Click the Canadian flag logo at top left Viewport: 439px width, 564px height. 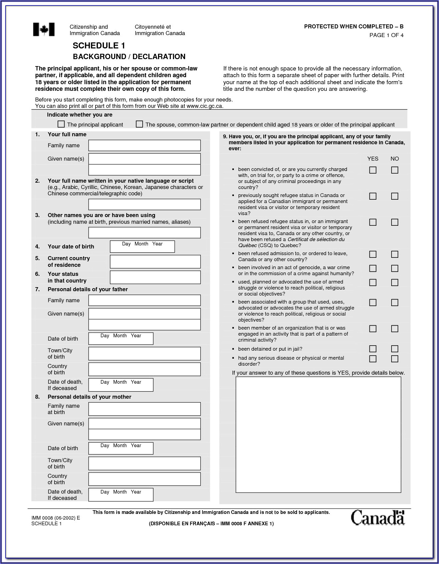pyautogui.click(x=44, y=30)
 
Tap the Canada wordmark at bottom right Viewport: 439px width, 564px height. pyautogui.click(x=378, y=518)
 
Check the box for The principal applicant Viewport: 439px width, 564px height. pyautogui.click(x=61, y=124)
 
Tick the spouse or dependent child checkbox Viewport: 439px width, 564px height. pyautogui.click(x=139, y=124)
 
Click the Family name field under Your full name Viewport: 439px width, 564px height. pyautogui.click(x=144, y=146)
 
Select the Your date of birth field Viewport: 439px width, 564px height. pyautogui.click(x=142, y=247)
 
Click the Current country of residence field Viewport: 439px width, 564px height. pyautogui.click(x=155, y=262)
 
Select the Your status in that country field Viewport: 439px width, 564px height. pyautogui.click(x=155, y=277)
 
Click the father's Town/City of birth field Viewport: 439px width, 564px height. pyautogui.click(x=144, y=354)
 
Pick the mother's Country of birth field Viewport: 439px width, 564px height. pyautogui.click(x=144, y=479)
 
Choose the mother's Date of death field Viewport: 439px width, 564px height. pyautogui.click(x=121, y=495)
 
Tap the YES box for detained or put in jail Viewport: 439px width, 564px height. pyautogui.click(x=373, y=349)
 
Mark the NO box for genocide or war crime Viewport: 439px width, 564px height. pyautogui.click(x=395, y=268)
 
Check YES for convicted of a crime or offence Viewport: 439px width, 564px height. pyautogui.click(x=373, y=170)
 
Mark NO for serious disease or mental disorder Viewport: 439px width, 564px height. pyautogui.click(x=395, y=359)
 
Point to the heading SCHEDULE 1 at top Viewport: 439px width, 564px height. pyautogui.click(x=99, y=46)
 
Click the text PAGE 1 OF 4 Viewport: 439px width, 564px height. pyautogui.click(x=386, y=35)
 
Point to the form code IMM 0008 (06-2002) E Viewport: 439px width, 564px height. pyautogui.click(x=56, y=518)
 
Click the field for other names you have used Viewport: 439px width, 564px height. pyautogui.click(x=144, y=233)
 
